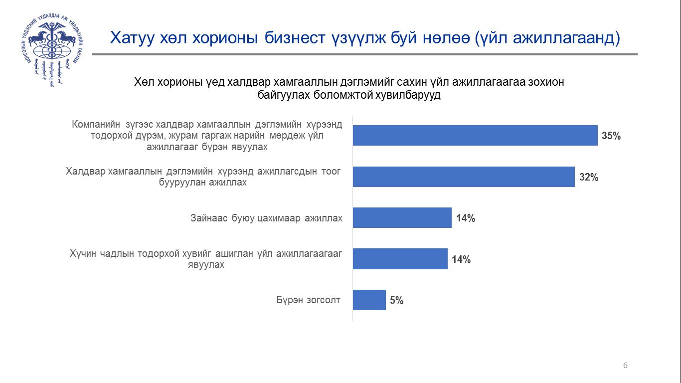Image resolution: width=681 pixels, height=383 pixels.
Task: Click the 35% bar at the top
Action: pos(475,135)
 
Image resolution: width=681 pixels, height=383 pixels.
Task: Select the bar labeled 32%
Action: pos(464,177)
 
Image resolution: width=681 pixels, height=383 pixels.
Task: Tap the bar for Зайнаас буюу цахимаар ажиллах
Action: pos(402,218)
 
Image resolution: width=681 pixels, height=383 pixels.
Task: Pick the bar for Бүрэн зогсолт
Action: pos(369,300)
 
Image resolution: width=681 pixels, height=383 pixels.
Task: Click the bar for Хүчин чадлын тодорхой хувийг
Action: pos(400,259)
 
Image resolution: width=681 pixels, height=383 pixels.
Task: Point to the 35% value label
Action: pos(611,136)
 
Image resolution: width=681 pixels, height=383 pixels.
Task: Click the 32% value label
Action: pos(588,177)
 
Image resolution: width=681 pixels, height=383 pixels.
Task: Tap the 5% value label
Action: pos(397,301)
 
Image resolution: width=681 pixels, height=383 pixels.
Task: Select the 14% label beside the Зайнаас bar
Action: pos(465,218)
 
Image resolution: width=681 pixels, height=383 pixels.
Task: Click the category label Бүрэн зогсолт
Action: pos(309,300)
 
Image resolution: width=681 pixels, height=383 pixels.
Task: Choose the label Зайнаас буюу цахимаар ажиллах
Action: pos(266,218)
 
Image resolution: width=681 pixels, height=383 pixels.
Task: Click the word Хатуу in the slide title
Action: pos(129,38)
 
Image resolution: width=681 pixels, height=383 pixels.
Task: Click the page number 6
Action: pos(625,366)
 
